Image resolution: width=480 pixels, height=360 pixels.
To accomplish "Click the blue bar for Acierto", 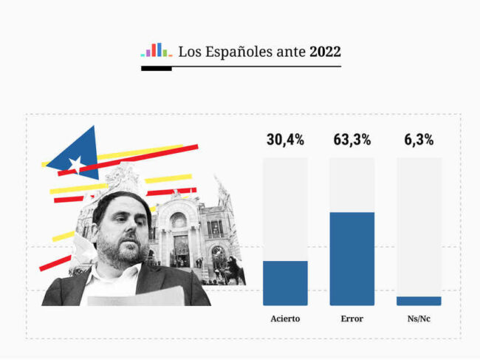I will [285, 283].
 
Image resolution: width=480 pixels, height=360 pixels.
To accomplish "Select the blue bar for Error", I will [352, 259].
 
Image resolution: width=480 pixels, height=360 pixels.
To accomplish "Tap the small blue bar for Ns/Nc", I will [419, 301].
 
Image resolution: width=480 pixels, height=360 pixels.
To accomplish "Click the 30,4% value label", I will [285, 140].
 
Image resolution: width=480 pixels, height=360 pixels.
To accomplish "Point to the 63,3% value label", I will [352, 140].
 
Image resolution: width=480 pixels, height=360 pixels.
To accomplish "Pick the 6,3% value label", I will [419, 140].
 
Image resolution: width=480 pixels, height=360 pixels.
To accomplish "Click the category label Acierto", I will [285, 319].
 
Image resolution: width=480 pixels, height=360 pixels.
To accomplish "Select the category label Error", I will [352, 319].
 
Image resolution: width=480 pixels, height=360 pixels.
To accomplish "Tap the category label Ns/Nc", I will [419, 319].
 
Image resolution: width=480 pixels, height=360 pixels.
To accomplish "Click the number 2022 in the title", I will [325, 52].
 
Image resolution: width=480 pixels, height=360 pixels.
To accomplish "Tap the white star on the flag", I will [75, 163].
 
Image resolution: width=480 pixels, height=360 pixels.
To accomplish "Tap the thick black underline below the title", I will [156, 69].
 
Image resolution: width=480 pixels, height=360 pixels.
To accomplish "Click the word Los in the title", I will [188, 52].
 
